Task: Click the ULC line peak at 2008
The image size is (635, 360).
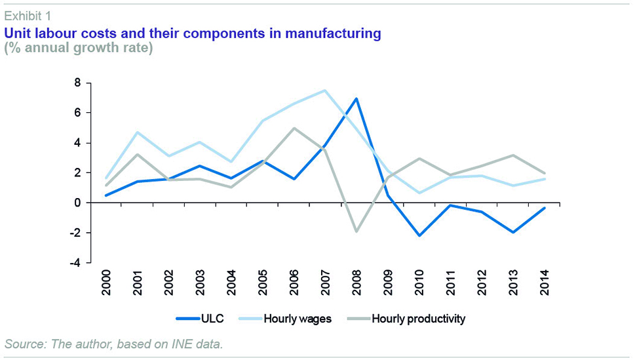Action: (356, 99)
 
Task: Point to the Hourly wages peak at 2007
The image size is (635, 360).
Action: (324, 90)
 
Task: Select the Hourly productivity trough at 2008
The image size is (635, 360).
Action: (356, 231)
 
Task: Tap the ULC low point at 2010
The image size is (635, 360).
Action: (419, 235)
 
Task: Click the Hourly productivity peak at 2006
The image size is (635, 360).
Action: (294, 128)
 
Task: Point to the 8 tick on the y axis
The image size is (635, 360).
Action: (77, 83)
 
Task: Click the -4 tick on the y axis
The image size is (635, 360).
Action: (76, 263)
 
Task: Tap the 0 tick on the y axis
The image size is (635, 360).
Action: (77, 203)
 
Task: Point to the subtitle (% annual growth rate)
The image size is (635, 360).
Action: (78, 49)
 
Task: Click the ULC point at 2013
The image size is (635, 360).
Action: (512, 232)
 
